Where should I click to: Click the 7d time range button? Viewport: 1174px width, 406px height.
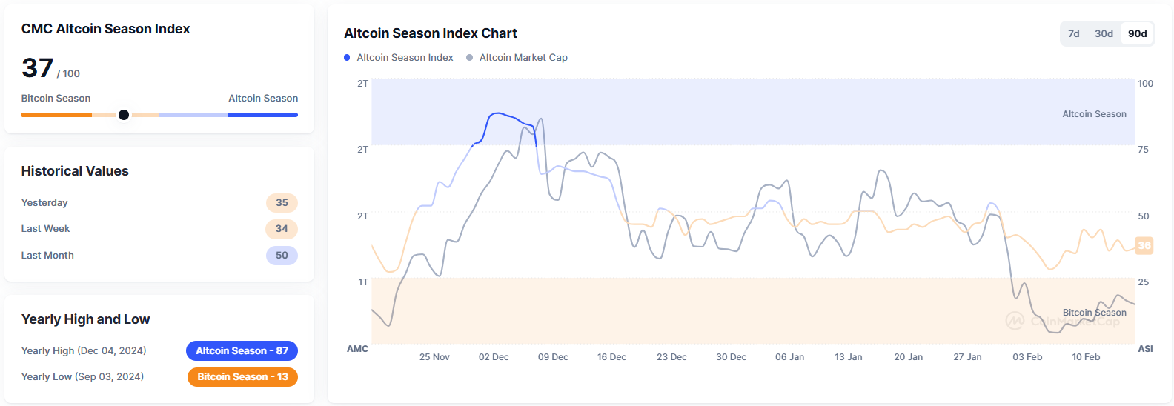tap(1073, 33)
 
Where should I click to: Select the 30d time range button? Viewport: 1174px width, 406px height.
tap(1104, 33)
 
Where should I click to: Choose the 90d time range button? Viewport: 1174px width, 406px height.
tap(1137, 33)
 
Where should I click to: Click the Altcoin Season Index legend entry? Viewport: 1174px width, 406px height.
tap(398, 58)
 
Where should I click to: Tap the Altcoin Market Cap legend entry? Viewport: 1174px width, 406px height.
tap(517, 58)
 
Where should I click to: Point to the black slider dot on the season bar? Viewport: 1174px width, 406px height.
tap(124, 115)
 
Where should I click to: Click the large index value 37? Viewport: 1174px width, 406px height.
tap(37, 68)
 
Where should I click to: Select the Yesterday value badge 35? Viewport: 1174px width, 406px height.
tap(282, 203)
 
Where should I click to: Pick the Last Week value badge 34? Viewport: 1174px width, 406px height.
tap(282, 229)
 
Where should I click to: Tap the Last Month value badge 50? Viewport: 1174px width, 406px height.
tap(282, 256)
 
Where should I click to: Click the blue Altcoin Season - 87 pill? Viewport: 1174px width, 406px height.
tap(242, 351)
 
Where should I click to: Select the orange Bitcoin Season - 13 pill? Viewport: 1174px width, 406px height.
tap(242, 377)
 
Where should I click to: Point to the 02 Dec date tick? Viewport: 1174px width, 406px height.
tap(494, 357)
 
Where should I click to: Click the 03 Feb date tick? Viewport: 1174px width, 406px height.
tap(1027, 357)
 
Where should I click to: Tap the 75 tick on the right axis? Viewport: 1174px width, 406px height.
tap(1143, 150)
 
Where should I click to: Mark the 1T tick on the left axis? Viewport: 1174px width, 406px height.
tap(363, 282)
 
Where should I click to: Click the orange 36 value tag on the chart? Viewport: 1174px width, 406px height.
tap(1144, 246)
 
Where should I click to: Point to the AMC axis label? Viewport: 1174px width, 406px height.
tap(357, 349)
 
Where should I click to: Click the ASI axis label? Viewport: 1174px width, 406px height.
tap(1145, 349)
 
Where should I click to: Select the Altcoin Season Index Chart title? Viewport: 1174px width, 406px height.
tap(431, 33)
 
